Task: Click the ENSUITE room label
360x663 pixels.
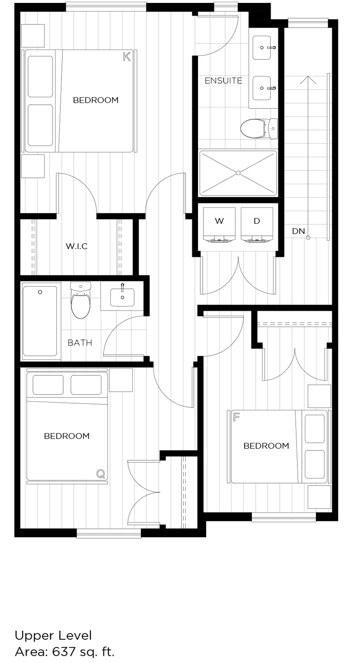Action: point(223,81)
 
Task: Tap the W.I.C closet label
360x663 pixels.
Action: point(77,246)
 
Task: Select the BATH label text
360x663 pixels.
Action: point(80,343)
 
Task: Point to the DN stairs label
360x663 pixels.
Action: point(299,231)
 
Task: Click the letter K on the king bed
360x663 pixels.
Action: point(126,57)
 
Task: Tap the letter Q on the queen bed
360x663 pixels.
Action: point(100,474)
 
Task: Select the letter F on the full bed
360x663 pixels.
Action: point(236,417)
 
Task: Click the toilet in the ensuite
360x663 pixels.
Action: point(254,128)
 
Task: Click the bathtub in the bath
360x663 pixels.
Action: point(40,321)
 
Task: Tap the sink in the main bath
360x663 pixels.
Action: point(123,297)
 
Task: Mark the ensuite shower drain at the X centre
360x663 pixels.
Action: point(238,173)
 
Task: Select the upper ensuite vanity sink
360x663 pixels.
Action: point(262,48)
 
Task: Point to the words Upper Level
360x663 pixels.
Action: point(53,635)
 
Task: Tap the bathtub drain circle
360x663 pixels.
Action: point(40,292)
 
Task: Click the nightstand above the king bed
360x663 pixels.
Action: point(33,36)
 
